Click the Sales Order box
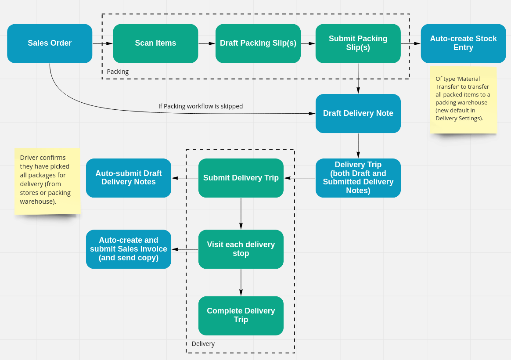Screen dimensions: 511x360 (50, 43)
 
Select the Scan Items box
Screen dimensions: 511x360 (155, 43)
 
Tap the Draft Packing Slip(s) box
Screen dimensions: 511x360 (258, 43)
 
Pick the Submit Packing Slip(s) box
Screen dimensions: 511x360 (358, 43)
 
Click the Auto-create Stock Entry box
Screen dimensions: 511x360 (464, 43)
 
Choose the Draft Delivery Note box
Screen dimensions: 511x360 (358, 113)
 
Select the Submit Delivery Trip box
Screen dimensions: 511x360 (241, 178)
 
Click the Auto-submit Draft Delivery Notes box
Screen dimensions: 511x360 (128, 178)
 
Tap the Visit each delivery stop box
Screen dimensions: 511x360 (241, 249)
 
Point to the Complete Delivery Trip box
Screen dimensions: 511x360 (241, 316)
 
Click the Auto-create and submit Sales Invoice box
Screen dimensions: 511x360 (128, 249)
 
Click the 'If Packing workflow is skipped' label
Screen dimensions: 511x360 (201, 106)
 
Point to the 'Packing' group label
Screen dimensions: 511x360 (118, 72)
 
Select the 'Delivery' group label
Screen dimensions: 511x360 (203, 344)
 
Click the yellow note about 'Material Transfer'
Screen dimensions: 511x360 (463, 100)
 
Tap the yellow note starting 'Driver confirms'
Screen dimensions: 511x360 (47, 181)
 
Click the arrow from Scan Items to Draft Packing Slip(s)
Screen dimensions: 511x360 (207, 43)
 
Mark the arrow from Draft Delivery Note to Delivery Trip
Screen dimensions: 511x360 (358, 146)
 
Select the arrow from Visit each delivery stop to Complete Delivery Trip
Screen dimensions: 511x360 (241, 282)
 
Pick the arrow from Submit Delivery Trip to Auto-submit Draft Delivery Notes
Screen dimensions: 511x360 (185, 178)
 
